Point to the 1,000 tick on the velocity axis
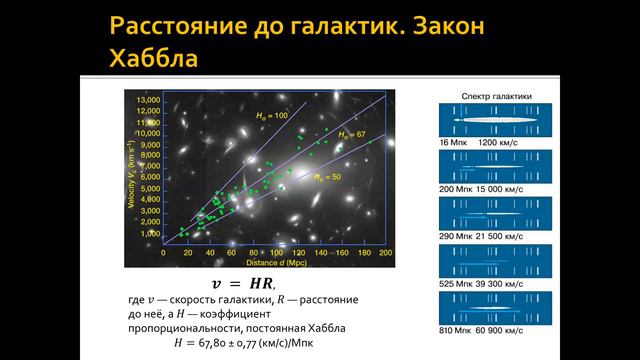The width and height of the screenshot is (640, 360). pos(150,233)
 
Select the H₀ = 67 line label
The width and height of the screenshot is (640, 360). pos(355,134)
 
